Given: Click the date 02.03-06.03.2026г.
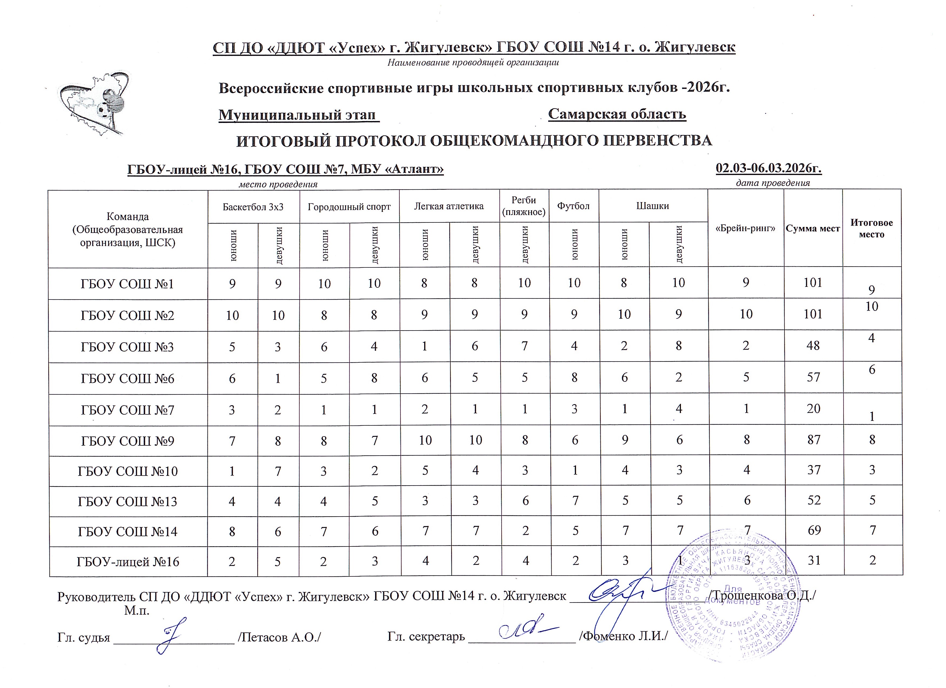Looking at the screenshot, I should click(768, 168).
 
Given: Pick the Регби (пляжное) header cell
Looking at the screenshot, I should click(524, 206).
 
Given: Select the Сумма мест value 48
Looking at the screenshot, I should click(813, 346).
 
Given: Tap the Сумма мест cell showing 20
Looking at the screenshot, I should click(813, 409).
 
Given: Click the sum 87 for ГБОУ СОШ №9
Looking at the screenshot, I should click(813, 440).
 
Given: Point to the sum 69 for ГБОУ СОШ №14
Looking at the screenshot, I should click(813, 530).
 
